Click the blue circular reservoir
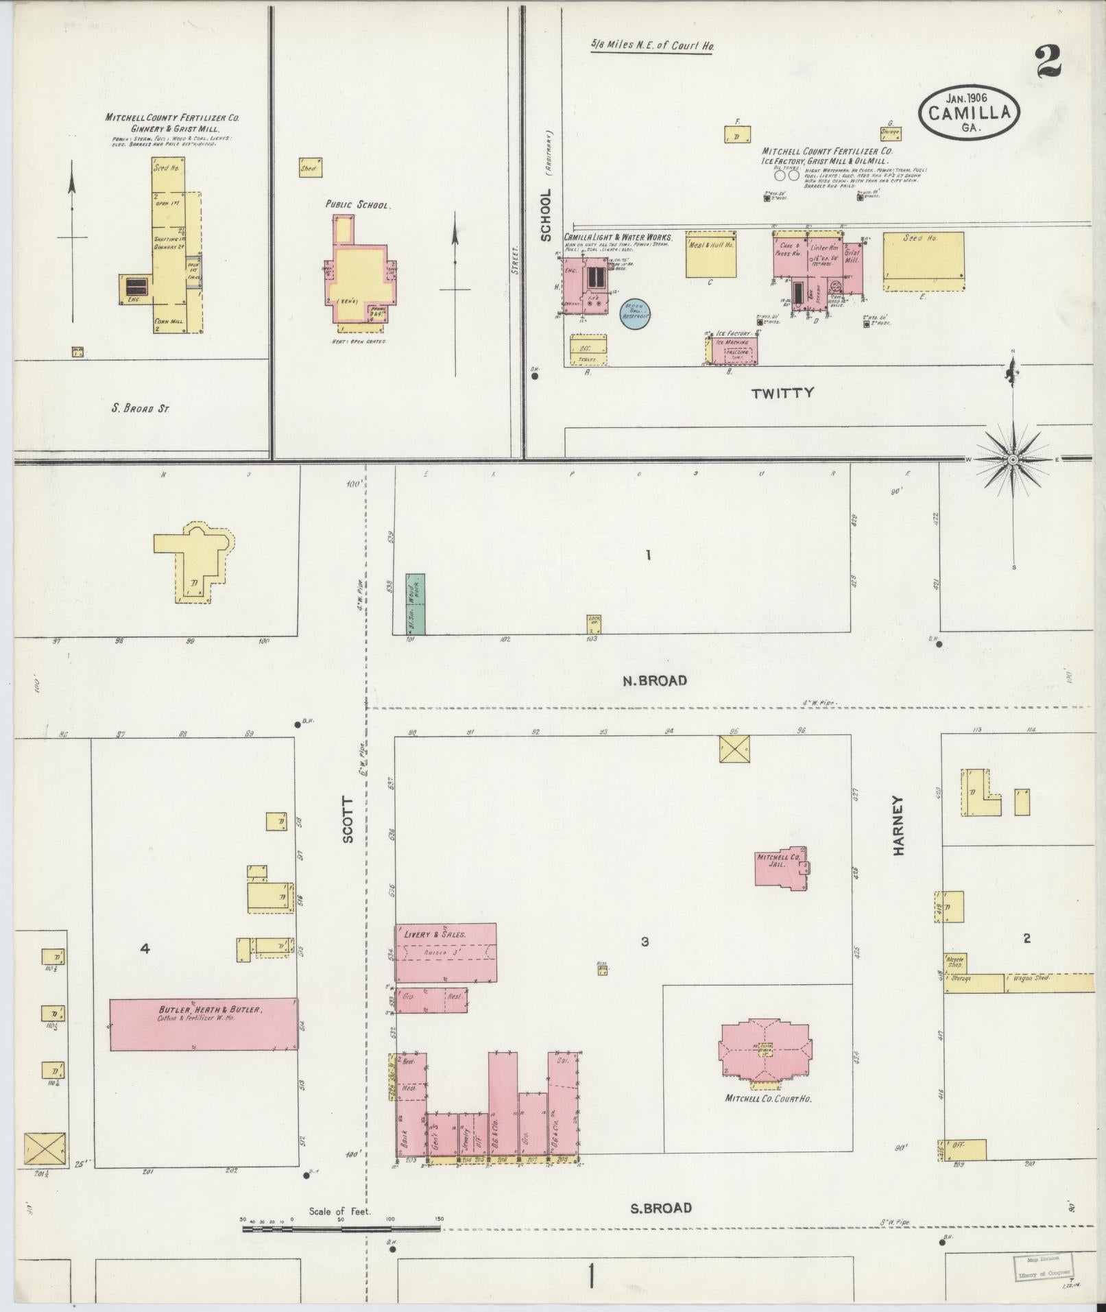(x=635, y=314)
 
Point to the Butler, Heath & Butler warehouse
(x=204, y=1024)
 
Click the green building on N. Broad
(x=415, y=604)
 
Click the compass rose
(x=1013, y=459)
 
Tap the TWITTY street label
(x=782, y=393)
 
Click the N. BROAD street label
(x=654, y=680)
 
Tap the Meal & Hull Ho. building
(x=711, y=257)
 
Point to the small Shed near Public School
(x=310, y=168)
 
